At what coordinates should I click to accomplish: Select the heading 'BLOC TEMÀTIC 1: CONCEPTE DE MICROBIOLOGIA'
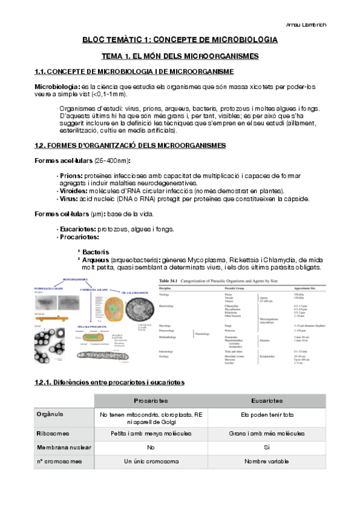point(180,40)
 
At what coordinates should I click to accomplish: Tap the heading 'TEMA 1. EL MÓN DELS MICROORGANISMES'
point(180,56)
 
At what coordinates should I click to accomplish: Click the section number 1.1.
point(40,72)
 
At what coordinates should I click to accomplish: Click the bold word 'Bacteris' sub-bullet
point(96,252)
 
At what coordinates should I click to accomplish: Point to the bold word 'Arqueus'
point(96,260)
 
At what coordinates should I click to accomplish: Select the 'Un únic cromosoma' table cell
point(151,462)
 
